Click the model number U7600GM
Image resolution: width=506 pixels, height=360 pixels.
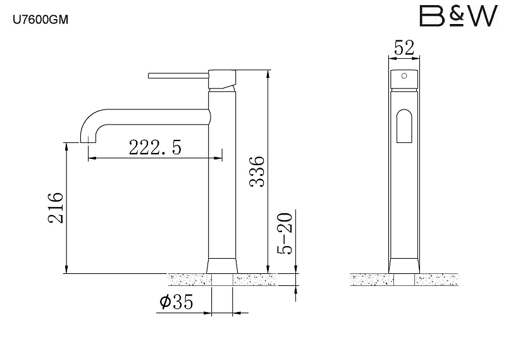(40, 20)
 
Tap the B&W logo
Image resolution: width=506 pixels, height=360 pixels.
(458, 16)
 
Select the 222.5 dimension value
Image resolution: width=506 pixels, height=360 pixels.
(155, 147)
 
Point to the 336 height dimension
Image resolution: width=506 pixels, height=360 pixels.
(257, 171)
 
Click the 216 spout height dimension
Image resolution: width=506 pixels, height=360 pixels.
(56, 208)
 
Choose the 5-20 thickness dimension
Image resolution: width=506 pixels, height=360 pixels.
(285, 233)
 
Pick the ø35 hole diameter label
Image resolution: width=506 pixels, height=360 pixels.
(176, 302)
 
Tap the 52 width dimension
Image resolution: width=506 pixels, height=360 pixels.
(404, 48)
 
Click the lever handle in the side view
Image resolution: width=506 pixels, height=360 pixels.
(178, 75)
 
